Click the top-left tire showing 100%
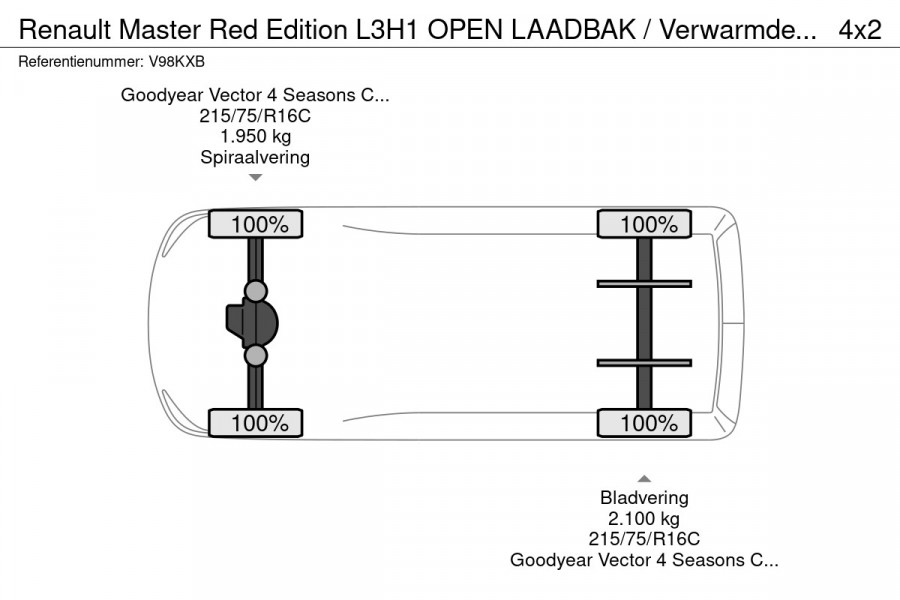(255, 225)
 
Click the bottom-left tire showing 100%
(255, 423)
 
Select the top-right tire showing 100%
(644, 225)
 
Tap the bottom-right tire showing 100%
(644, 423)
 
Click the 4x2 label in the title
(859, 30)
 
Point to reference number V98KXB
(177, 62)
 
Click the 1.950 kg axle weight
(255, 137)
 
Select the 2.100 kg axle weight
(644, 518)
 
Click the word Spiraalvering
(255, 158)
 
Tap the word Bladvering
(644, 497)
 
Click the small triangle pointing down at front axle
(255, 178)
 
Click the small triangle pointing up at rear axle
(644, 478)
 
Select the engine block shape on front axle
(243, 323)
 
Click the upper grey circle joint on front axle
(256, 292)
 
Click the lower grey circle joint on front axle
(256, 355)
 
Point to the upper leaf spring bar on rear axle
(644, 284)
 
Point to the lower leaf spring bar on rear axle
(644, 362)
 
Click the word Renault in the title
(63, 30)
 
